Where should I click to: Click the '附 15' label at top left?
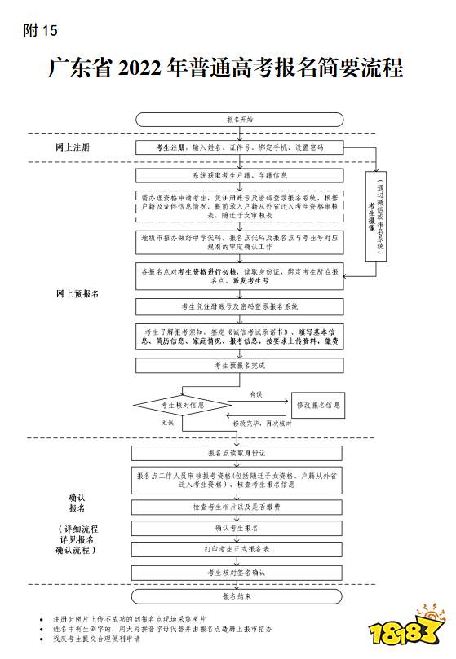pyautogui.click(x=41, y=32)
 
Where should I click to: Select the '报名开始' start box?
pyautogui.click(x=240, y=119)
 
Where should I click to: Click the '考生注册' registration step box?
pyautogui.click(x=240, y=147)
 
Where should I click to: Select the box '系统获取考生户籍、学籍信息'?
pyautogui.click(x=240, y=174)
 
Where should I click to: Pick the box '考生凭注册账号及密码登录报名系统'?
pyautogui.click(x=240, y=306)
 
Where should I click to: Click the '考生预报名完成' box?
pyautogui.click(x=240, y=366)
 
